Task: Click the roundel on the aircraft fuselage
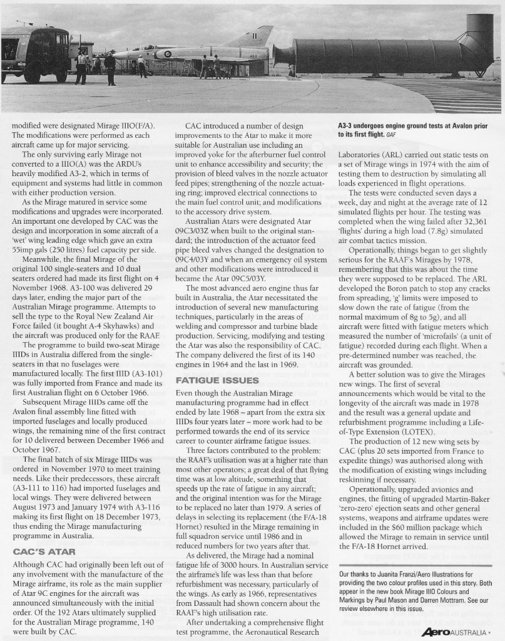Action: coord(167,54)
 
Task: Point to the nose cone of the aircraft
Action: coord(116,56)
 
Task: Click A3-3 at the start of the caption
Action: coord(347,125)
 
